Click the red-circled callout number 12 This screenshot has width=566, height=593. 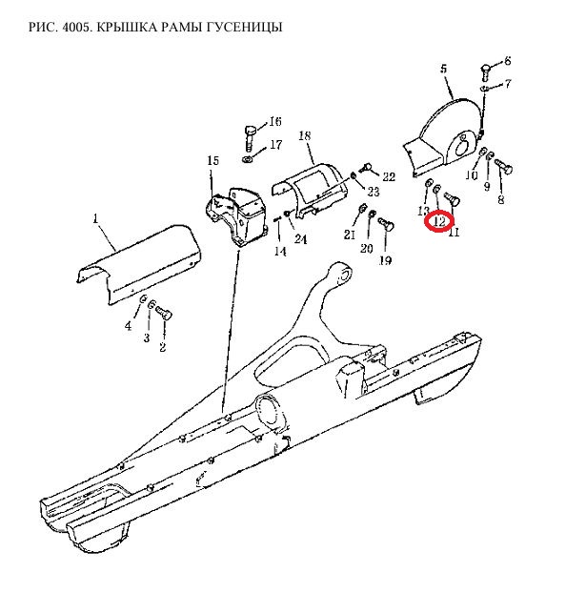tap(439, 221)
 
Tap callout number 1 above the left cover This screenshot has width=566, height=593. tap(95, 218)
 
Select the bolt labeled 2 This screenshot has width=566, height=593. tap(164, 314)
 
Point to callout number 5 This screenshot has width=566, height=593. tap(443, 69)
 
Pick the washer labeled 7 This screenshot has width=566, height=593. tap(484, 89)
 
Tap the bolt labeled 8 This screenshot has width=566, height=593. tap(503, 166)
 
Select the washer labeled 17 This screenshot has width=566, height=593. tap(248, 158)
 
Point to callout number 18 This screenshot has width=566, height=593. tap(304, 135)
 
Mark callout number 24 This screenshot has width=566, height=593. tap(300, 239)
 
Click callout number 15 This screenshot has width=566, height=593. tap(212, 160)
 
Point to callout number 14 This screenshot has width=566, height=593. tap(280, 251)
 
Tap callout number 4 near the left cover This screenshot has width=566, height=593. tap(129, 326)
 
